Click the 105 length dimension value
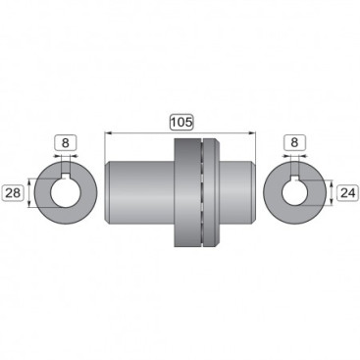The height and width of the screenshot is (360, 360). click(181, 122)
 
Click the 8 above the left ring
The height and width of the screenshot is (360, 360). click(66, 142)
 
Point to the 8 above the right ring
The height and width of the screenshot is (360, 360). click(293, 142)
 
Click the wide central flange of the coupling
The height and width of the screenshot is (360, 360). click(186, 191)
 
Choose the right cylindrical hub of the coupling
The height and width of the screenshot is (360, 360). click(235, 191)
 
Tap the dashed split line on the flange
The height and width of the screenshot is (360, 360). click(201, 191)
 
